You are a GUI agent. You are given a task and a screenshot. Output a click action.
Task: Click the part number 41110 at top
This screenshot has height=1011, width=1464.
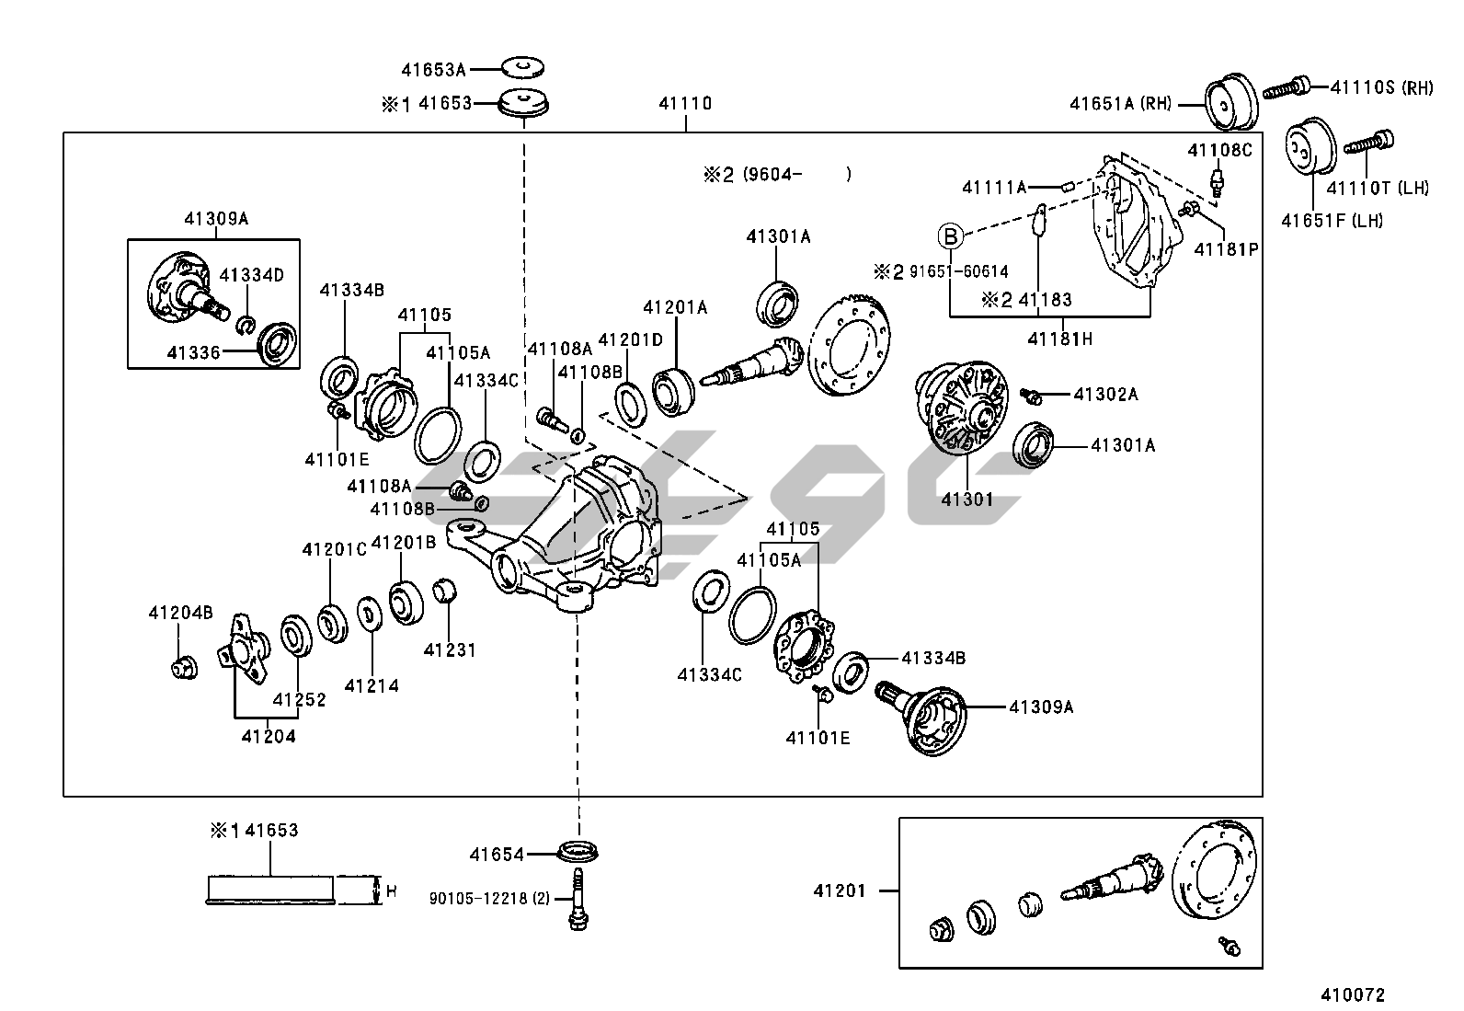685,103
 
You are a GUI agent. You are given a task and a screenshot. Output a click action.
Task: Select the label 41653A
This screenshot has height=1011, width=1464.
433,69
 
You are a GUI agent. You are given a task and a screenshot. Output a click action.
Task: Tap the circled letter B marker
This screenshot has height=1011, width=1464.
951,236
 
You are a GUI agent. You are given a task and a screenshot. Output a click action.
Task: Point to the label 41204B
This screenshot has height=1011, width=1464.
181,613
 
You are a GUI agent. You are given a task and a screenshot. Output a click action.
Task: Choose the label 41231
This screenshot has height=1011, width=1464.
450,650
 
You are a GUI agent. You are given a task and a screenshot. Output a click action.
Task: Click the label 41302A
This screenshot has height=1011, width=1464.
1105,395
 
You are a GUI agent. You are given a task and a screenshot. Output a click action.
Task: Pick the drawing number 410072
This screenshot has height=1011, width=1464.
1353,994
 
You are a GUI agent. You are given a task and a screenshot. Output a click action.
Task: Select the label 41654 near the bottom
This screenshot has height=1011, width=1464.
497,855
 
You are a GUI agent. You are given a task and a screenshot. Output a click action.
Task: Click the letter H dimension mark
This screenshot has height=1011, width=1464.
391,890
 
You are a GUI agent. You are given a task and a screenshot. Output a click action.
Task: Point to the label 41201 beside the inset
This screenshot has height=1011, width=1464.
840,890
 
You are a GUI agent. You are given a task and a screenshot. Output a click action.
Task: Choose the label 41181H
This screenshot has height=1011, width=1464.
1060,339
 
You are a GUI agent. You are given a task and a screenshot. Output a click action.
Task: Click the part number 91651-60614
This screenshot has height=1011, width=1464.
958,271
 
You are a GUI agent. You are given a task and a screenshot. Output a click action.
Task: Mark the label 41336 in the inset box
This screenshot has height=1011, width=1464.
194,351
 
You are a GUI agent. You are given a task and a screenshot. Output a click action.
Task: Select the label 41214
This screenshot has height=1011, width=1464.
372,685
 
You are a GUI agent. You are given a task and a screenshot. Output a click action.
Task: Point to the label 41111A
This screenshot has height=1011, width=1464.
994,188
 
